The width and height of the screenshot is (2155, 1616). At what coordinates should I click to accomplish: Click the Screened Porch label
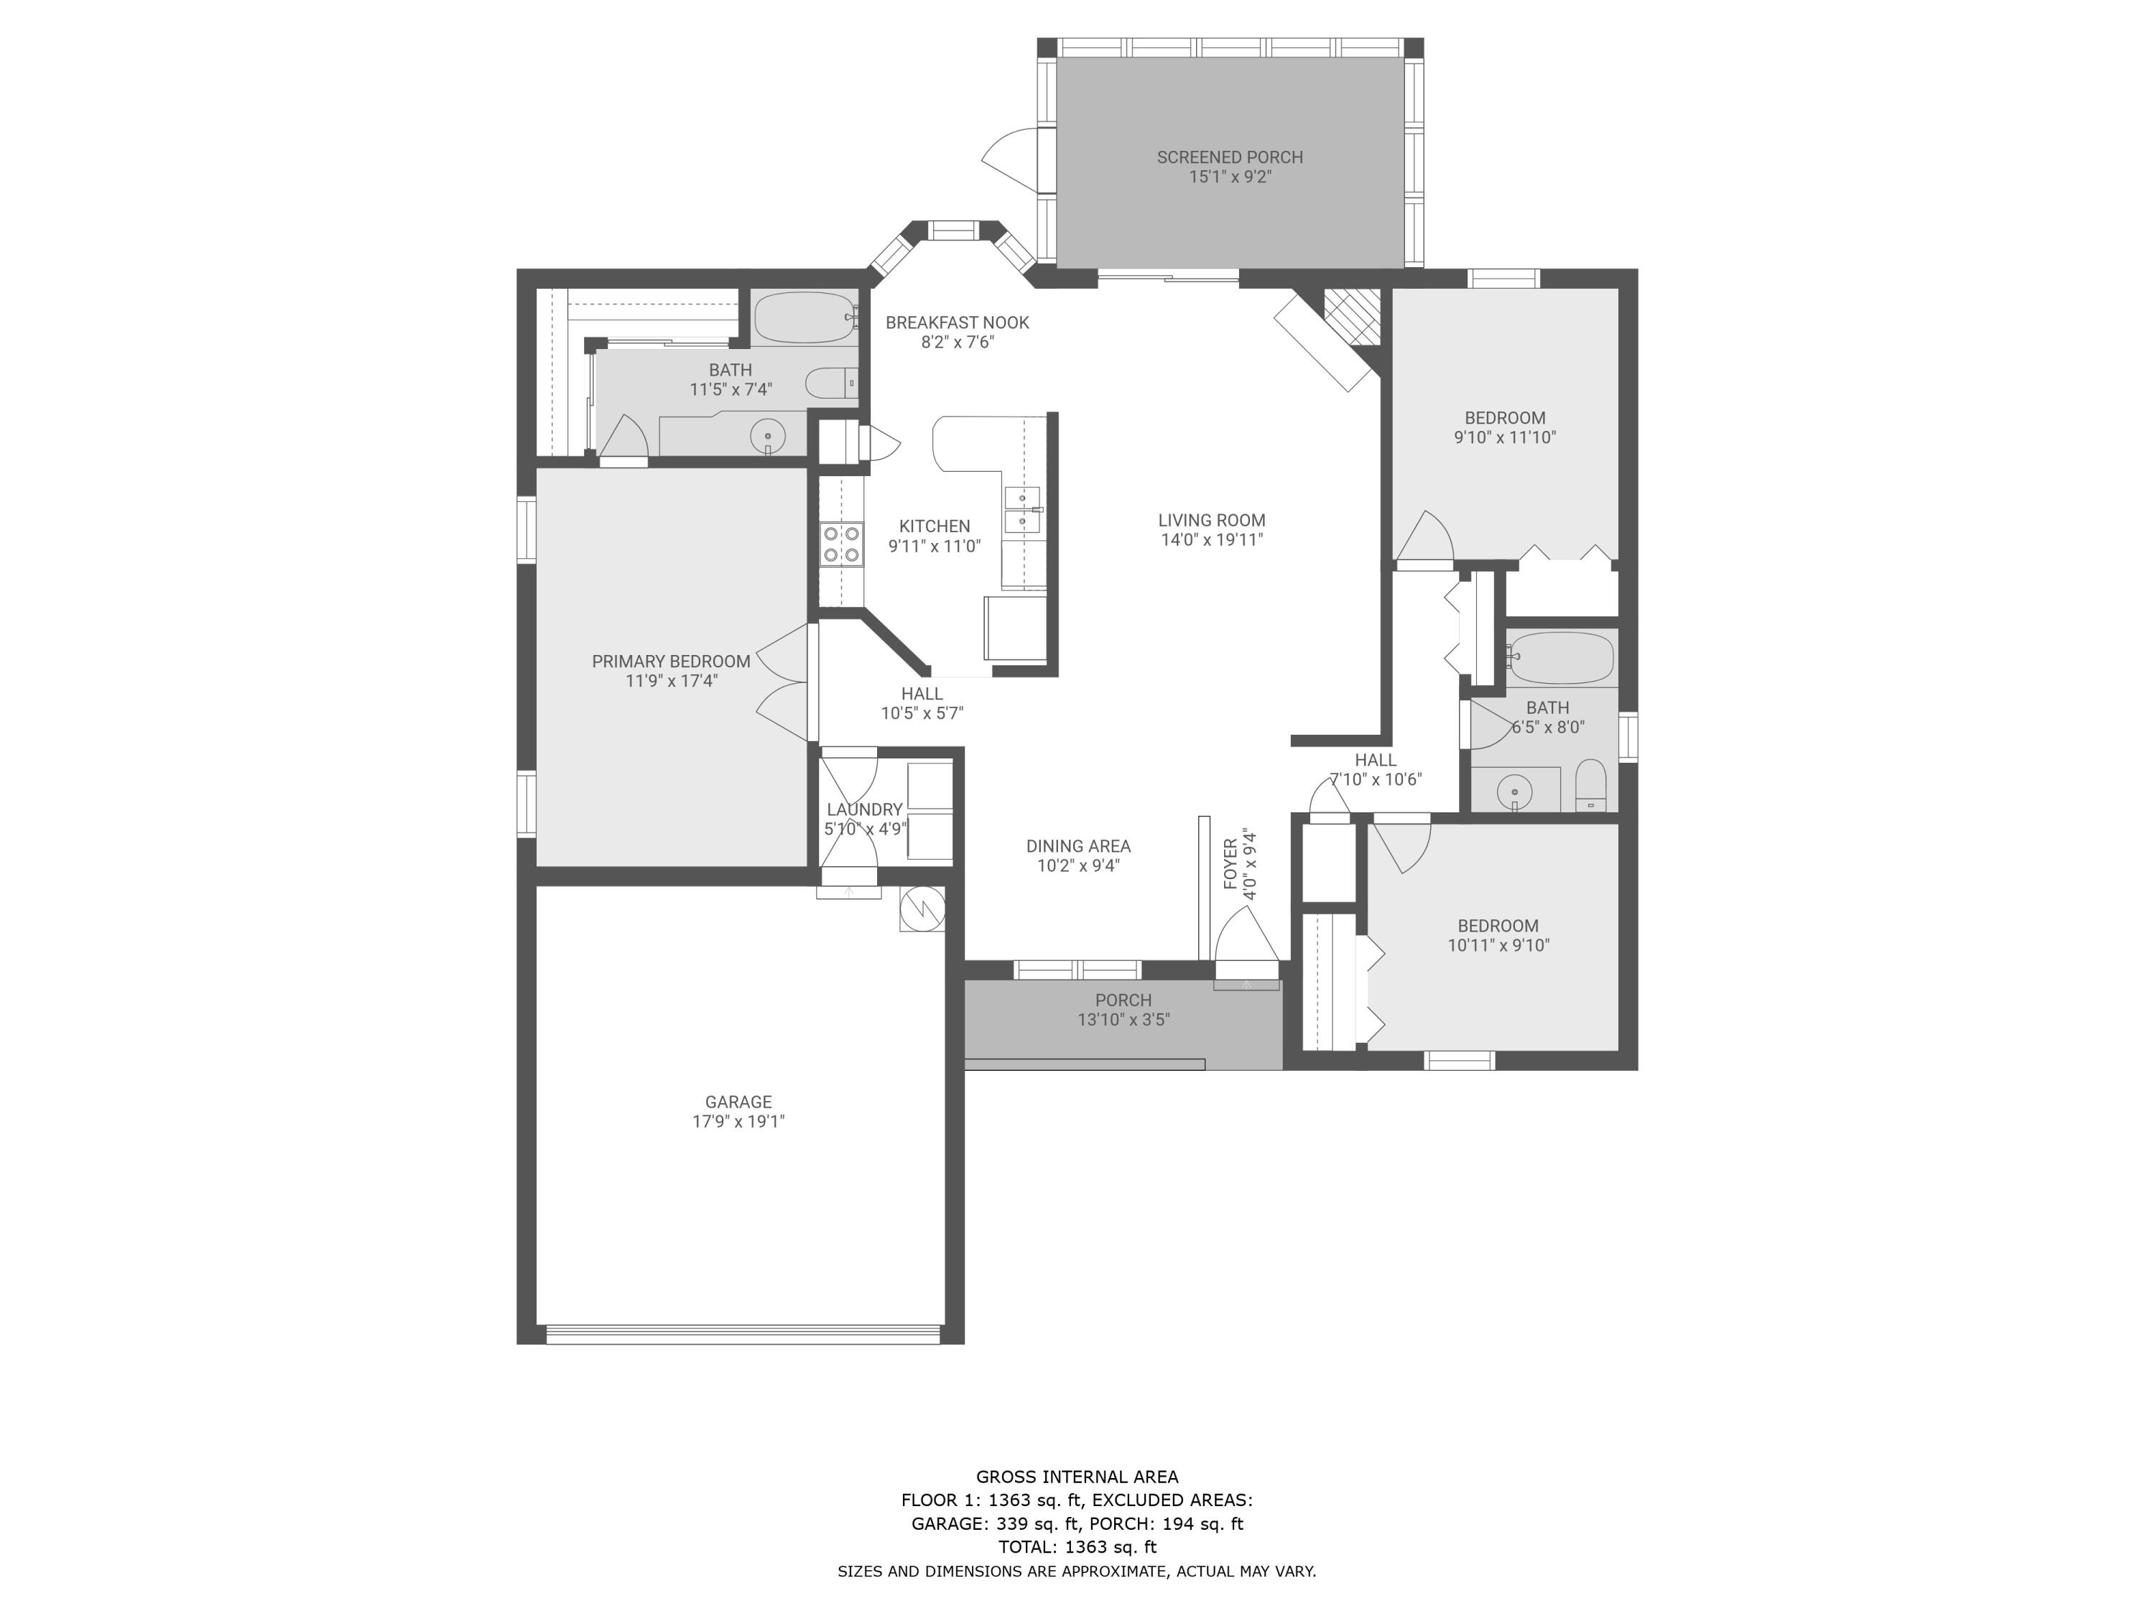tap(1230, 157)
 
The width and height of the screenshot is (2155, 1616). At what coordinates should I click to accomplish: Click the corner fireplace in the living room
tap(1351, 317)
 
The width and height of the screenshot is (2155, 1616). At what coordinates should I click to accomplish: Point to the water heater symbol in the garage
tap(922, 909)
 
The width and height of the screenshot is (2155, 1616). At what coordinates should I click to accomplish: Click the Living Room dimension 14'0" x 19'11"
tap(1211, 539)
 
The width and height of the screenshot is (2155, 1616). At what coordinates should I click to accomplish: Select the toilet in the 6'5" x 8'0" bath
tap(1590, 784)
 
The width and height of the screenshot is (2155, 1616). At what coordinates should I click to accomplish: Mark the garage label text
tap(738, 1102)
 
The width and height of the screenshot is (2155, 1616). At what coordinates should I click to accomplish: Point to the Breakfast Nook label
tap(957, 322)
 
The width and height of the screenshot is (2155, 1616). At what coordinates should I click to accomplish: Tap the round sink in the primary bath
tap(769, 437)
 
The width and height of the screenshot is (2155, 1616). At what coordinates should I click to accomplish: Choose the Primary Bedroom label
tap(671, 661)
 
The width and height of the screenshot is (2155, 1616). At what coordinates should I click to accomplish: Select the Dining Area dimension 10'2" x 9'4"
tap(1077, 865)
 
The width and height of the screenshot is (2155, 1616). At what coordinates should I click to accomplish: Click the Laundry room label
tap(864, 809)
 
